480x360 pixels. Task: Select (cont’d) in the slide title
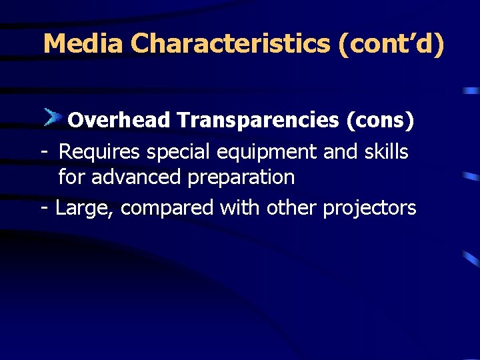coord(391,44)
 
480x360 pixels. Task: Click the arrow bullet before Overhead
coord(53,118)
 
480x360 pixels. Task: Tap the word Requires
coord(99,152)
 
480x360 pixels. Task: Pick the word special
coord(179,152)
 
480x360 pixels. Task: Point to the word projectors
coord(369,209)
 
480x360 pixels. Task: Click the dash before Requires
coord(43,153)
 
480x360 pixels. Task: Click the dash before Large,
coord(44,209)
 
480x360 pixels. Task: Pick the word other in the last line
coord(292,208)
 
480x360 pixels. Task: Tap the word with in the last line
coord(241,208)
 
